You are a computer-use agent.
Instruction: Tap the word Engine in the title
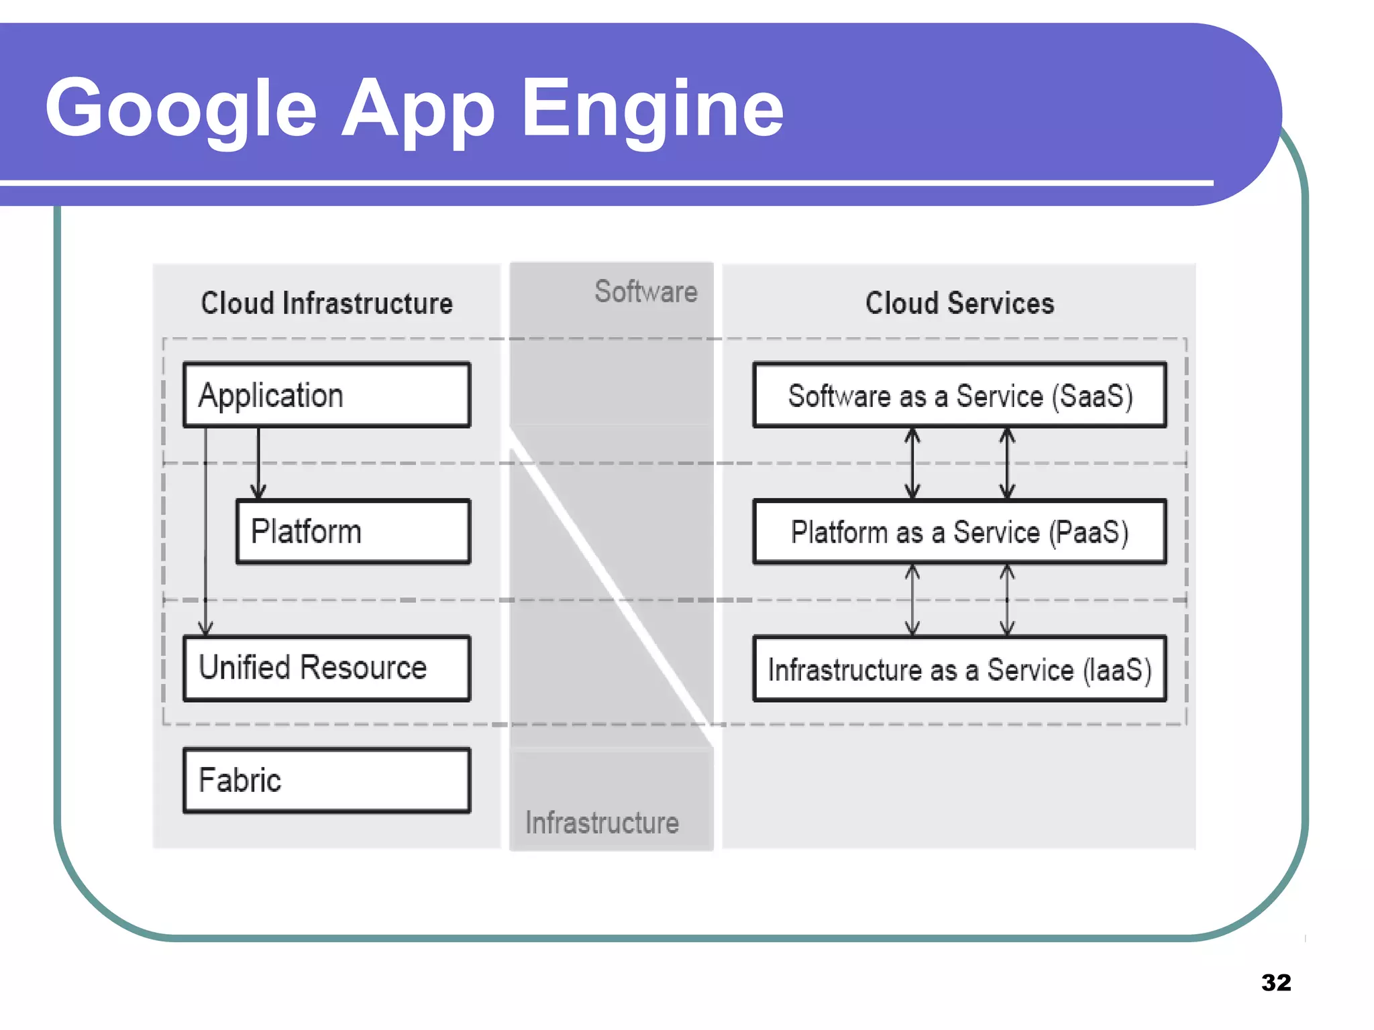click(652, 109)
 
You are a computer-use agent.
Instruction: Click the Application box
click(327, 395)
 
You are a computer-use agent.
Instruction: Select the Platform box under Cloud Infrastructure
click(354, 532)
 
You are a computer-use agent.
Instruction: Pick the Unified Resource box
click(327, 669)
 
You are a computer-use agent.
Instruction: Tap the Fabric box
click(327, 781)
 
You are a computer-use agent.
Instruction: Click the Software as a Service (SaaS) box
click(959, 396)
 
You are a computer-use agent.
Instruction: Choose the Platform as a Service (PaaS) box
click(959, 532)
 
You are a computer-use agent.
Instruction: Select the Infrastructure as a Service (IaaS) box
click(959, 669)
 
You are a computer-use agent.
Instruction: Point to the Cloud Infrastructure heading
click(327, 303)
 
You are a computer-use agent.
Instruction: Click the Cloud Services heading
click(959, 303)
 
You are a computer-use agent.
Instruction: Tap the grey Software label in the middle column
click(645, 292)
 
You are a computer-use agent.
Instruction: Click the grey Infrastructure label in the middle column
click(602, 823)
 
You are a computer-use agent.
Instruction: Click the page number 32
click(1275, 982)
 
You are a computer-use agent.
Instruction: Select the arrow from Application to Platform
click(258, 463)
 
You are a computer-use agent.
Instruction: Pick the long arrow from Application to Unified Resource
click(206, 536)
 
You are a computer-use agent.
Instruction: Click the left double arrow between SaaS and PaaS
click(912, 463)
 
